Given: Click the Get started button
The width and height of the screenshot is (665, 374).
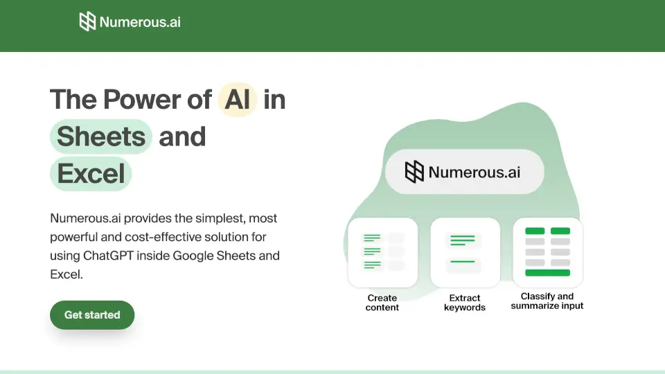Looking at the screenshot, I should (92, 315).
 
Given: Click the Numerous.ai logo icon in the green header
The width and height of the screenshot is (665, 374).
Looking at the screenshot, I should (87, 21).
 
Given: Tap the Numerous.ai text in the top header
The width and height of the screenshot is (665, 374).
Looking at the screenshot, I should (140, 21).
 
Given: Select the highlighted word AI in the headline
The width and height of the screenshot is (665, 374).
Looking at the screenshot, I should (238, 100).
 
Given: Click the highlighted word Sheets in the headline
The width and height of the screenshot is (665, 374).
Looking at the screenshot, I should (101, 136).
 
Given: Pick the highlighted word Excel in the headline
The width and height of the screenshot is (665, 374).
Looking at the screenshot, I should (91, 173).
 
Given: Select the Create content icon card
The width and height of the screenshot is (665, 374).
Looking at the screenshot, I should (382, 252).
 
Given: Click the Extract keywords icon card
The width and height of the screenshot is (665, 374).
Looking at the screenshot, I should (465, 252).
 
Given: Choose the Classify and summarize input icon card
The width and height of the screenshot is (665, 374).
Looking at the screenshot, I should (547, 252).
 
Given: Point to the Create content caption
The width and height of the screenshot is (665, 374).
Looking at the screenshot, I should (382, 303).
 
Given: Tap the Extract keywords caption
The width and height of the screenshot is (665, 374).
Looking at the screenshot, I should (465, 303).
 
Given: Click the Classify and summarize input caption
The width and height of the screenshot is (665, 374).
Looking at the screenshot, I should (547, 301).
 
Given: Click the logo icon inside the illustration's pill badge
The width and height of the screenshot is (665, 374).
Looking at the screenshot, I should (414, 171).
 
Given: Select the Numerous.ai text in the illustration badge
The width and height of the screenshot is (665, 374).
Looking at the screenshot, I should (474, 171).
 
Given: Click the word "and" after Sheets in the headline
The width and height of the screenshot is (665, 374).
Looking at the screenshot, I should (182, 136).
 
